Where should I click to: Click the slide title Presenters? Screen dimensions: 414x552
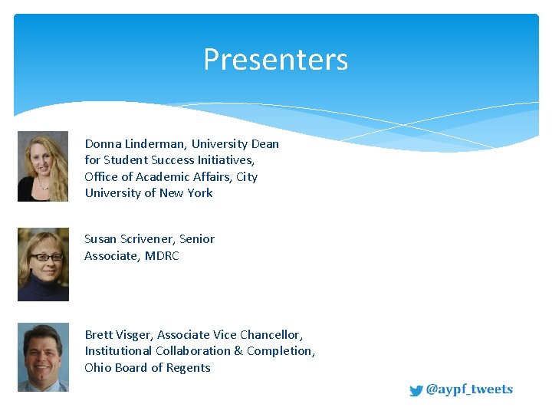pos(275,60)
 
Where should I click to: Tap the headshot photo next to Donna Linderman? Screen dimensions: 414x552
pos(43,166)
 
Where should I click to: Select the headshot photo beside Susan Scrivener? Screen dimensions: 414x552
pos(43,264)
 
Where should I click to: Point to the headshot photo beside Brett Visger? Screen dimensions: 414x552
pos(43,357)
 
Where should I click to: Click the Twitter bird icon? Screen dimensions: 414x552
pos(416,390)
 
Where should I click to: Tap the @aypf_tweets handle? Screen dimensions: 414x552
pos(469,389)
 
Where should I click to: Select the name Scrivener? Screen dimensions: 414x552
pos(148,239)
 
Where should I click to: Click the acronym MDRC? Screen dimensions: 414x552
pos(162,256)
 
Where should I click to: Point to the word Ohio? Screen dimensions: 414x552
pos(98,368)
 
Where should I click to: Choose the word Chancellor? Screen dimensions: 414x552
pos(271,335)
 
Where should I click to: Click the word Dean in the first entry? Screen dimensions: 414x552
pos(264,144)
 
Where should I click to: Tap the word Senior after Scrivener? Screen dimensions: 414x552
pos(197,239)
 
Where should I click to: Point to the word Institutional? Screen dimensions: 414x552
pos(118,351)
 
